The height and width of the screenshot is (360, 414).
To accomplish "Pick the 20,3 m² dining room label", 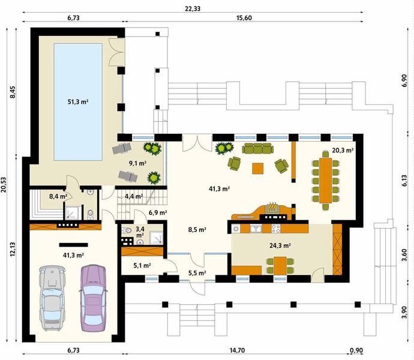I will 343,151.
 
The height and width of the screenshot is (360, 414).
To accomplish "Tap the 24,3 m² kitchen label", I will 280,245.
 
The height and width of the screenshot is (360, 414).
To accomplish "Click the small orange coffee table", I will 257,168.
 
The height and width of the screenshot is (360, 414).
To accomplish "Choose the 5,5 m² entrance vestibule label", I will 197,273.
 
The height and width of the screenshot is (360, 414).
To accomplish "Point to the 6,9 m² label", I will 158,212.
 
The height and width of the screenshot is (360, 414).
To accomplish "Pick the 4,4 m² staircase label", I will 134,196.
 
